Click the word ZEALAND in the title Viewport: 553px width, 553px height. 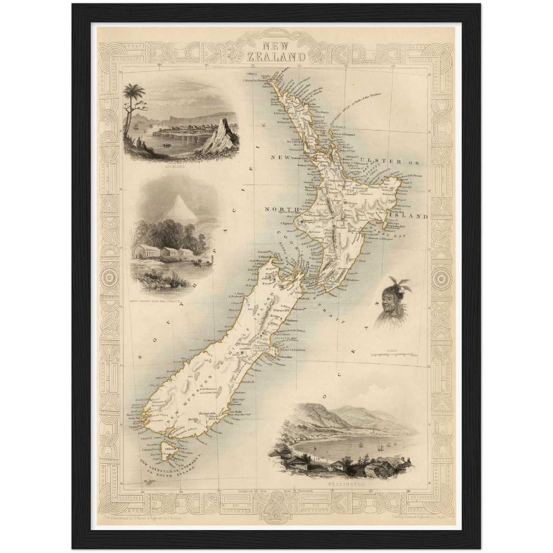pos(276,57)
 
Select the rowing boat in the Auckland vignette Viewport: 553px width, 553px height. pos(167,145)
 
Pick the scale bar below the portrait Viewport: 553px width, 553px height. pos(393,355)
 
